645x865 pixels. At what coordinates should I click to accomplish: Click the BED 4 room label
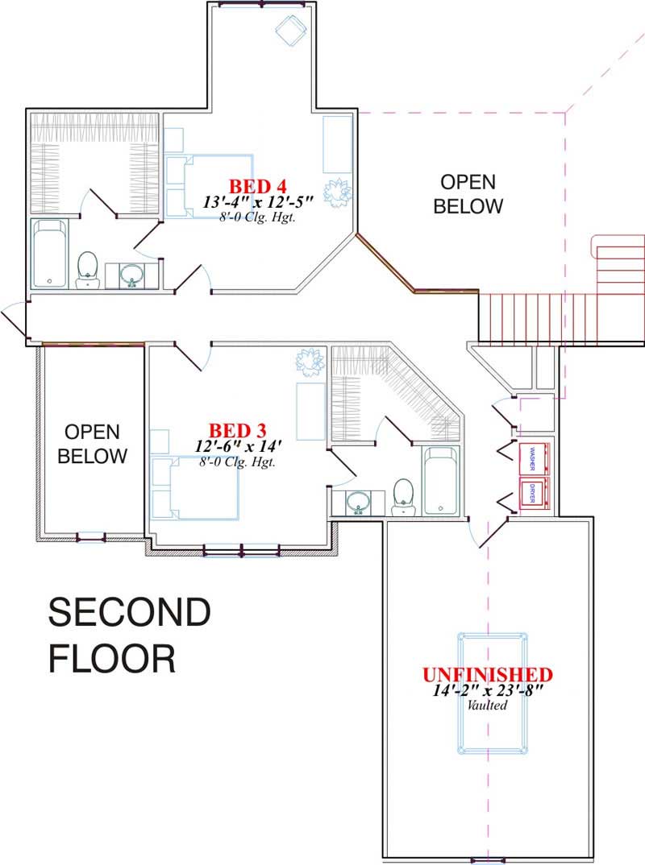coord(257,183)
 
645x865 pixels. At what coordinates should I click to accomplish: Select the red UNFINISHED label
coord(488,674)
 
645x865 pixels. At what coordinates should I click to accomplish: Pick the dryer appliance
coord(533,492)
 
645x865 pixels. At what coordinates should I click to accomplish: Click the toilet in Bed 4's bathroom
coord(87,268)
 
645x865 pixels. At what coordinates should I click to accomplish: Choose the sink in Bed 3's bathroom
coord(357,503)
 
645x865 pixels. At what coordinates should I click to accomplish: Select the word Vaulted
coord(487,706)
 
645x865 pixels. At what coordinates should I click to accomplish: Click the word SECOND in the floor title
coord(130,614)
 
